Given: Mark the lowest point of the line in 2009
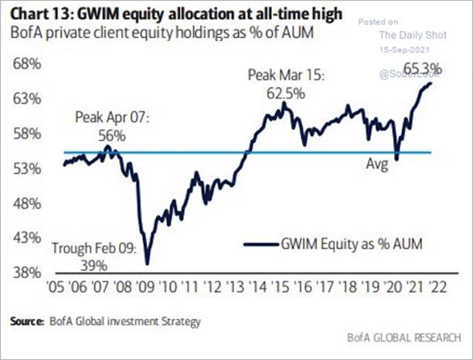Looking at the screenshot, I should (147, 263).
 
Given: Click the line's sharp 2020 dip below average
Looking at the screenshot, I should (396, 159).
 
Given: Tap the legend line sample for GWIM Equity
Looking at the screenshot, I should (259, 244).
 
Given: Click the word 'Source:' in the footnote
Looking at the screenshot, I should (27, 319).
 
